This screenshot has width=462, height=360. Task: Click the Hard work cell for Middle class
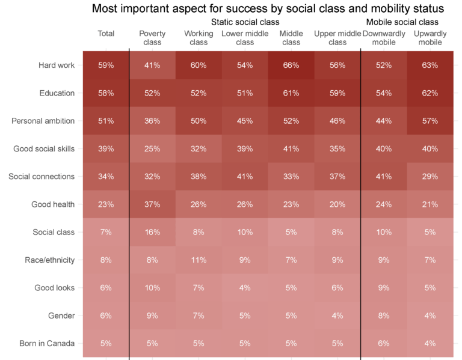(291, 66)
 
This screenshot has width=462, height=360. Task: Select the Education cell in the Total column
(106, 93)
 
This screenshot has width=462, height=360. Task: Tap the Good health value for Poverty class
(152, 204)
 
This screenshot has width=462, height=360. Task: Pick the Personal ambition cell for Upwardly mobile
(430, 121)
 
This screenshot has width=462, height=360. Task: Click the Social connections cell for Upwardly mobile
(430, 177)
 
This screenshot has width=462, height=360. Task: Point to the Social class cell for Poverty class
(152, 232)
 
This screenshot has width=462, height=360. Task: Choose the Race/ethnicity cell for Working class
(199, 260)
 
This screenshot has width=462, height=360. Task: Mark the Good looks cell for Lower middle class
(245, 288)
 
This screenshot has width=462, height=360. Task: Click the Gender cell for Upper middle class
(337, 316)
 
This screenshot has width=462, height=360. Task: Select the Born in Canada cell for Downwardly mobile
(384, 343)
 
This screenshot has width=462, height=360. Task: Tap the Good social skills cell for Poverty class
(152, 149)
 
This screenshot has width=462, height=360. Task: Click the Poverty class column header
(152, 38)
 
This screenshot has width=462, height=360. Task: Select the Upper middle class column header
(337, 38)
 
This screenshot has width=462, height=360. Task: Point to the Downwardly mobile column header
(384, 38)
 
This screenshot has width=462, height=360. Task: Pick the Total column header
(106, 34)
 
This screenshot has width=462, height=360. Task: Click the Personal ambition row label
(43, 121)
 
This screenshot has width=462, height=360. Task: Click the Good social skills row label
(44, 149)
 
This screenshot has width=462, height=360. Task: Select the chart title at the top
(268, 8)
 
